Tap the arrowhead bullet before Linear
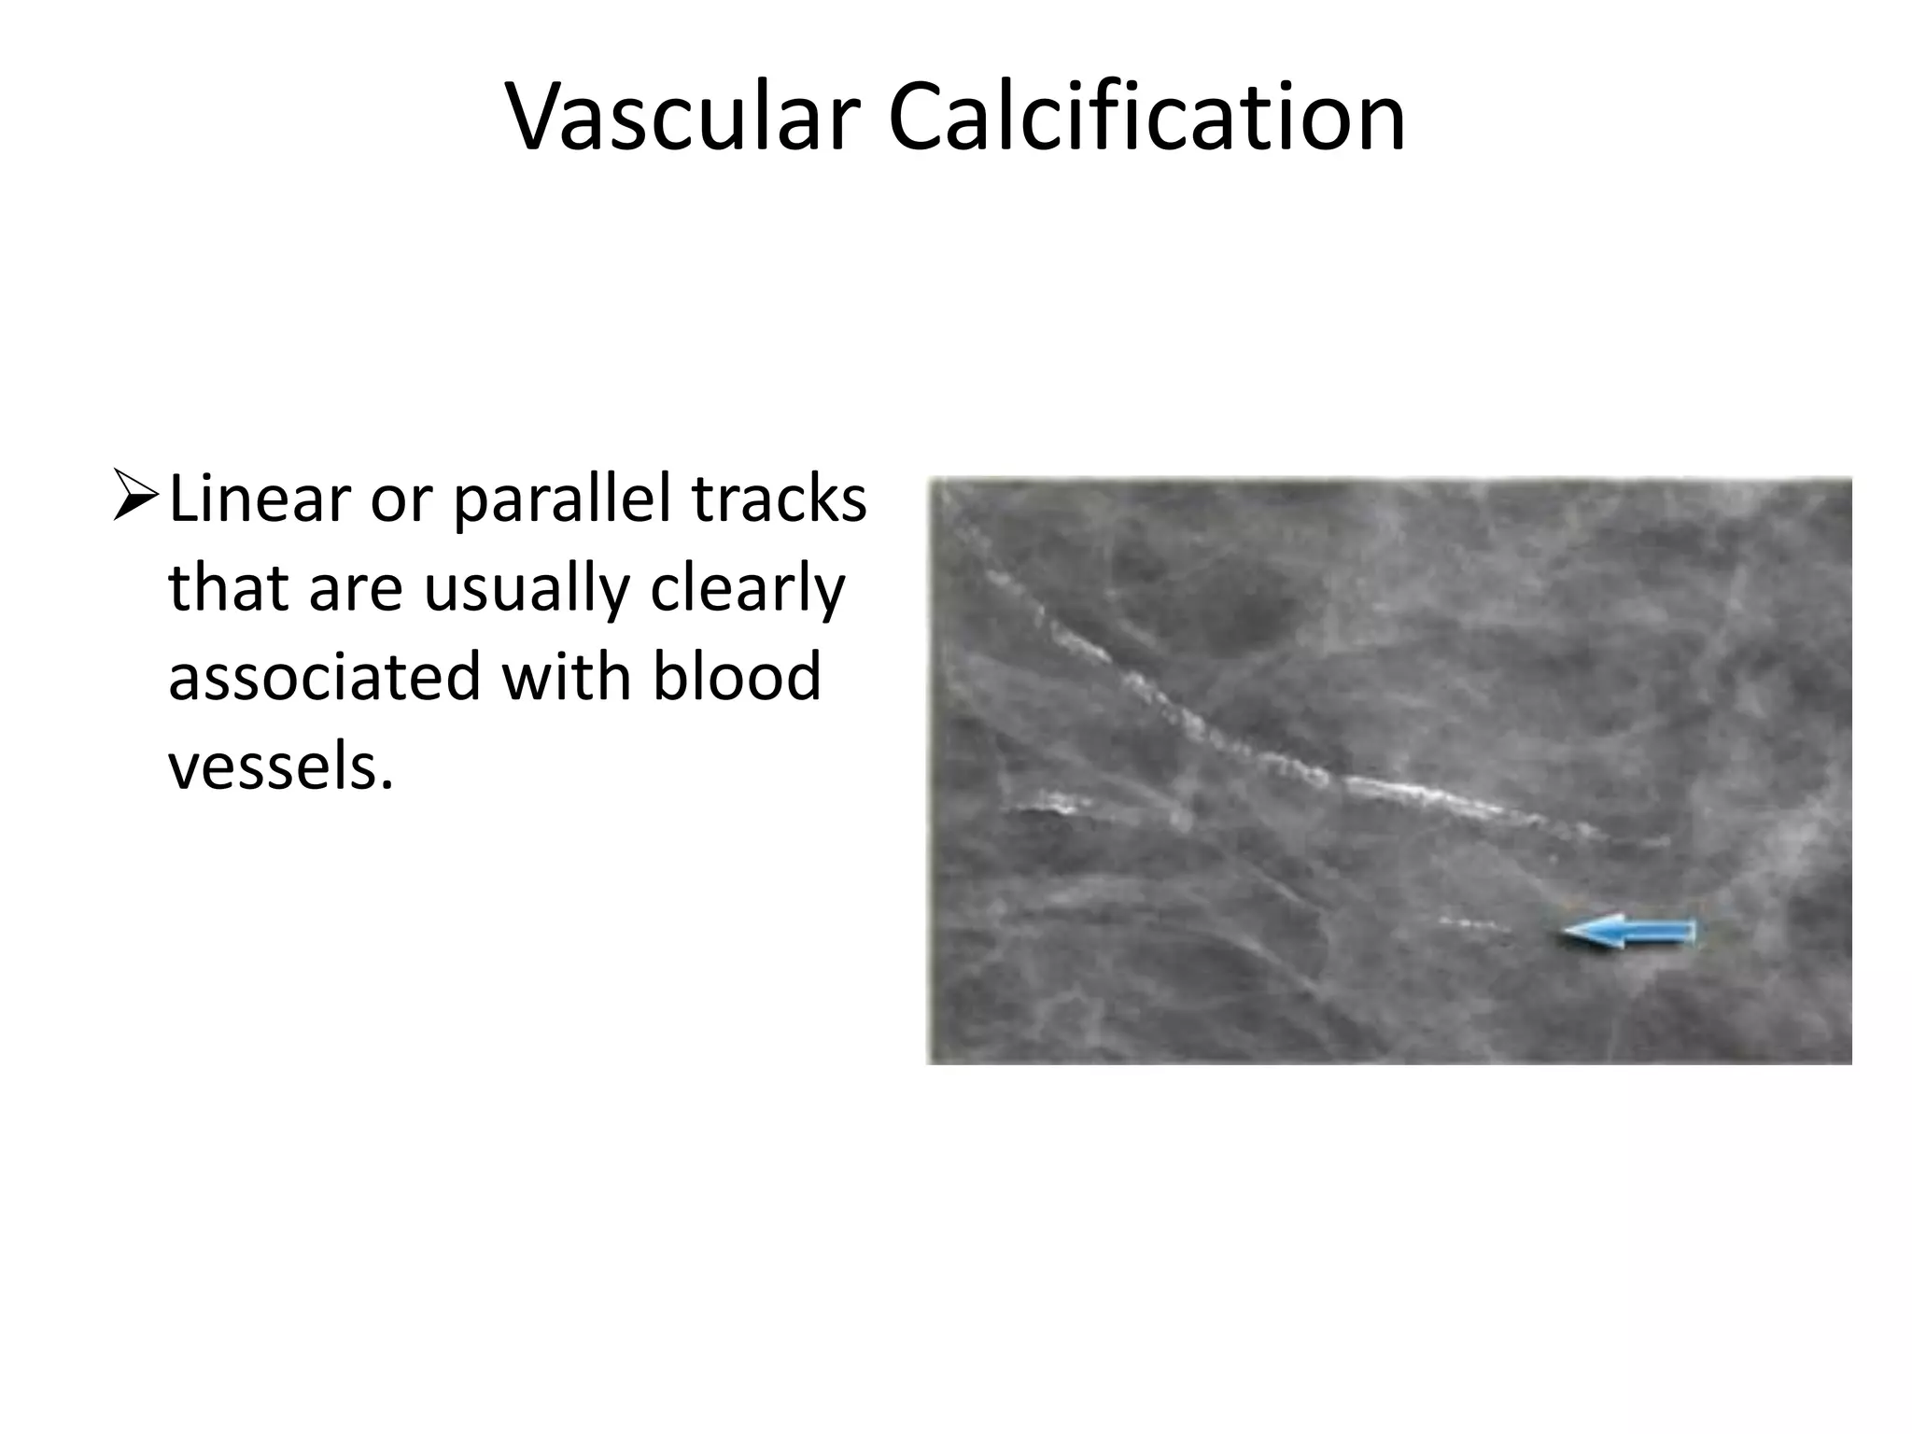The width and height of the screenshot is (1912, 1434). pyautogui.click(x=134, y=498)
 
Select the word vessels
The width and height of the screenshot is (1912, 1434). pyautogui.click(x=274, y=766)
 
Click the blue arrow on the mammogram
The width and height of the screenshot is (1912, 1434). pyautogui.click(x=1629, y=931)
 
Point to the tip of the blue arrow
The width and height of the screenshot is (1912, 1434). pyautogui.click(x=1567, y=931)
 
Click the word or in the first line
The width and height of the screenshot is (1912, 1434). pyautogui.click(x=401, y=500)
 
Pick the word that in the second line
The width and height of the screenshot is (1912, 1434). pyautogui.click(x=227, y=590)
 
